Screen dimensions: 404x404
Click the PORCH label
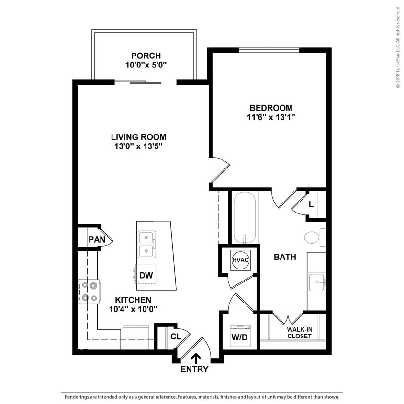click(x=146, y=56)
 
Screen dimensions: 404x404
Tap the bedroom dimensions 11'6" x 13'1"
click(x=271, y=117)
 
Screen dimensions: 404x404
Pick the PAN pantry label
click(x=96, y=239)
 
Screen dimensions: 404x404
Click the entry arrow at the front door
click(x=196, y=358)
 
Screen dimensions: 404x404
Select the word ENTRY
click(x=195, y=369)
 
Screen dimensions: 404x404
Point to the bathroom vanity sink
click(x=316, y=282)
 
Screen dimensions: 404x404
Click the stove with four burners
click(x=90, y=292)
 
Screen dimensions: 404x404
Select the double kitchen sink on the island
click(x=146, y=244)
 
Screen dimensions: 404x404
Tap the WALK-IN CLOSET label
click(x=299, y=333)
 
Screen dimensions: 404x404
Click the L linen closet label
click(x=311, y=204)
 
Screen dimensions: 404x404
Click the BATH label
click(x=285, y=257)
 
